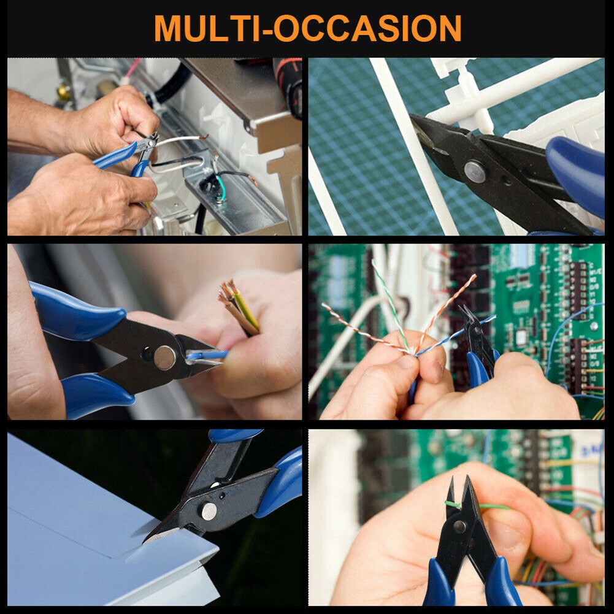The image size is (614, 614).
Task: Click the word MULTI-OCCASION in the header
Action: coord(308,28)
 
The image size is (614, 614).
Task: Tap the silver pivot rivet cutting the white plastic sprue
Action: coord(475,172)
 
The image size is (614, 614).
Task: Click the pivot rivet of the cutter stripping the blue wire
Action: coord(164,358)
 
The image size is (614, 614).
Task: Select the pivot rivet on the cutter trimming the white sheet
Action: coord(209,512)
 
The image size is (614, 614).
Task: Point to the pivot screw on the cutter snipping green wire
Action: coord(459,527)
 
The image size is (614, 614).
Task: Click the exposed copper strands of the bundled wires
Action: coord(228,290)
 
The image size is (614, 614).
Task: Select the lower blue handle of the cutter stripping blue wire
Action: coord(98,396)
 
